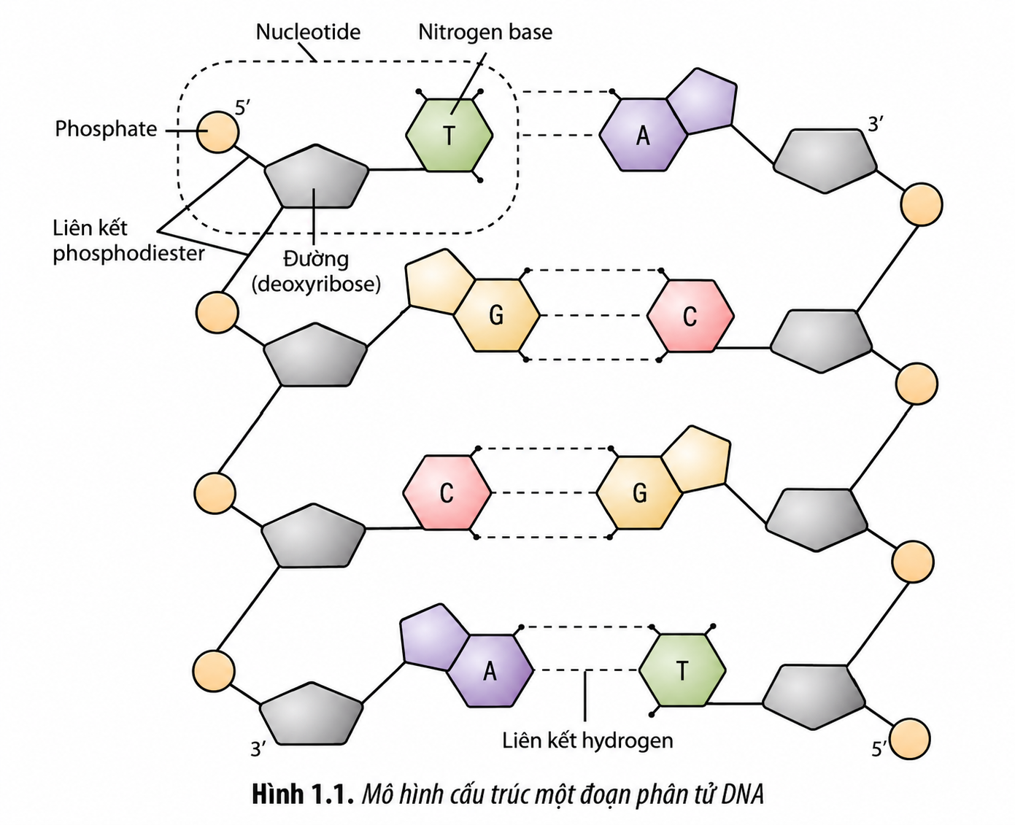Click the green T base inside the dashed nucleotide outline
coord(449,135)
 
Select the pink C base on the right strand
coord(690,316)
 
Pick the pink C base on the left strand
coord(447,492)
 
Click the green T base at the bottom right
coord(682,670)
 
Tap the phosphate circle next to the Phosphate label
coord(217,132)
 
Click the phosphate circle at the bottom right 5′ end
coord(909,739)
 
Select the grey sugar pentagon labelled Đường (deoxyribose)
coord(317,177)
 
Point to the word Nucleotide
coord(309,32)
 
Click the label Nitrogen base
coord(485,32)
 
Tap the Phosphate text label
coord(106,129)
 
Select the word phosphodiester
coord(128,253)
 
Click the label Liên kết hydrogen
coord(587,740)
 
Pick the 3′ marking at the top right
coord(875,125)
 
